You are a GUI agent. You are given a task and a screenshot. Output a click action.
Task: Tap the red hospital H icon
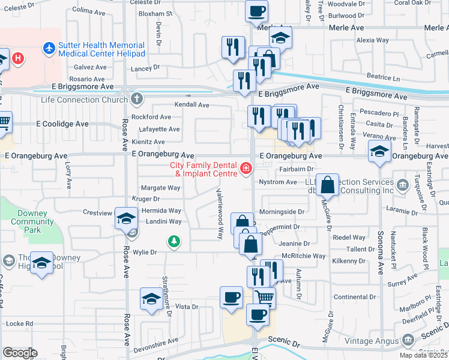19,58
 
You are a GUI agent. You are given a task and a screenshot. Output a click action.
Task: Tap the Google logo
20,353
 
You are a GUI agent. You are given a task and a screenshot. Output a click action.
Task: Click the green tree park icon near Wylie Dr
173,241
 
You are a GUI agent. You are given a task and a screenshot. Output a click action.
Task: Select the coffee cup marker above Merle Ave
257,11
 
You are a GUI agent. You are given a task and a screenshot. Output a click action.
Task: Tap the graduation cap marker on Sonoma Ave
379,152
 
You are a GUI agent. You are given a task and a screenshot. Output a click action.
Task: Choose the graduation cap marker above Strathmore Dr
151,299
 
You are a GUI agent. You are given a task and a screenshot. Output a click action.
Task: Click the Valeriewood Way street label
220,212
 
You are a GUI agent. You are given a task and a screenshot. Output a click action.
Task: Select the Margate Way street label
160,188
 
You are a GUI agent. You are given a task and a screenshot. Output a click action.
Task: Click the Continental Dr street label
355,297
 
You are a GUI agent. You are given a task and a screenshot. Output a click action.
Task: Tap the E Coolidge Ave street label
62,124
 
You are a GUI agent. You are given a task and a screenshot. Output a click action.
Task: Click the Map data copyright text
423,355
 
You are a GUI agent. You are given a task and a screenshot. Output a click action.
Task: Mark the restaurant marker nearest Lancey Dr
232,47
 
